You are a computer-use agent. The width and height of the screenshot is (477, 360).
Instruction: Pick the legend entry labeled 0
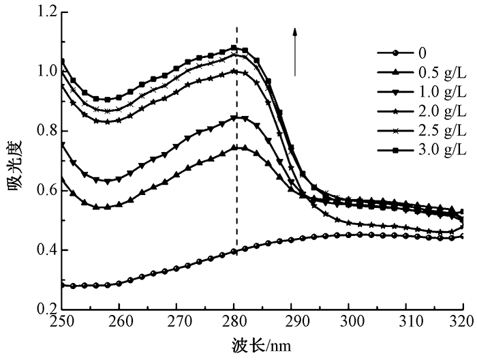coord(407,52)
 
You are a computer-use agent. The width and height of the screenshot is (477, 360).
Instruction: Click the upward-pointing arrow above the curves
coord(295,51)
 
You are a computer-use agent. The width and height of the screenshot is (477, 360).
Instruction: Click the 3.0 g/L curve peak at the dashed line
coord(234,48)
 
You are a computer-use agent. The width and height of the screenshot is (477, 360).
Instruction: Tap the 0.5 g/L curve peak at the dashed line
coord(236,147)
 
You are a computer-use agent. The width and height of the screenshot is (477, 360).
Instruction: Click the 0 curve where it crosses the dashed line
coord(236,251)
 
